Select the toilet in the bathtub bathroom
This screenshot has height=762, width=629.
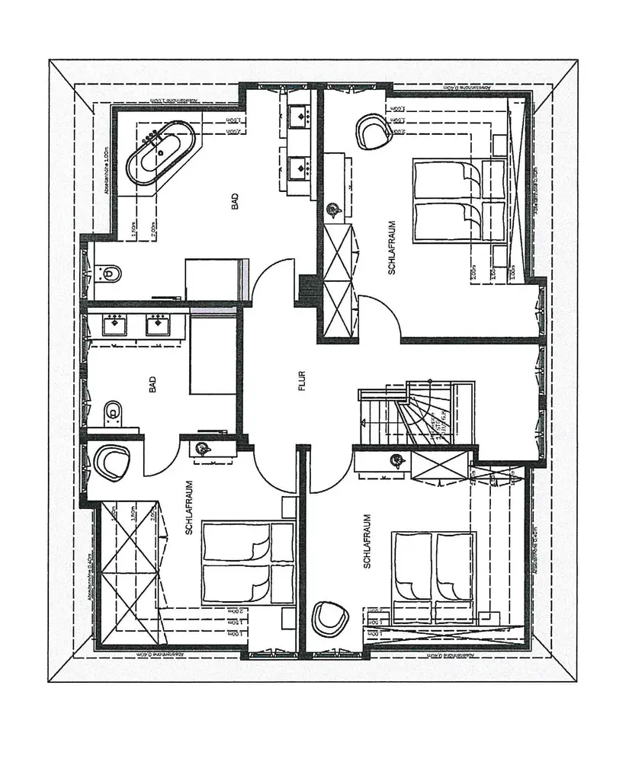[111, 271]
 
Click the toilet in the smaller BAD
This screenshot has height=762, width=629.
[112, 412]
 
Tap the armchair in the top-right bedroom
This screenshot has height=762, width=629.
[373, 130]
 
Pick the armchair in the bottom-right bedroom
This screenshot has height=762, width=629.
[329, 619]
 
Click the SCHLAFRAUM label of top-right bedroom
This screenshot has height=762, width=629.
[390, 247]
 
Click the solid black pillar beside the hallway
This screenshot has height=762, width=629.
[309, 290]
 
